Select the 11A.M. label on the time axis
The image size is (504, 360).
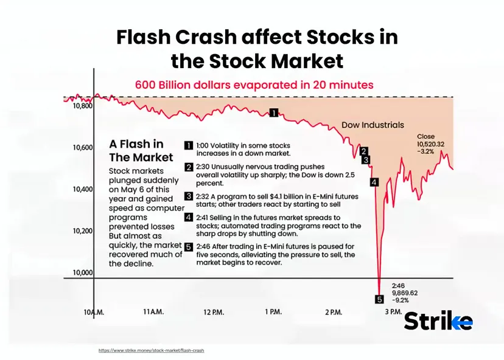pyautogui.click(x=153, y=312)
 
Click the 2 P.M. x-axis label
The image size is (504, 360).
pyautogui.click(x=334, y=312)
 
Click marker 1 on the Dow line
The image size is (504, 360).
pyautogui.click(x=274, y=112)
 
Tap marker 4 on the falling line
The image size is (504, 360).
pyautogui.click(x=374, y=181)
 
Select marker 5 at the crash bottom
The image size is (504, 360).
pyautogui.click(x=379, y=299)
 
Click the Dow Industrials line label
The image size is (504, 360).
pyautogui.click(x=372, y=125)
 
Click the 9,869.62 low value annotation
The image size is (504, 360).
pyautogui.click(x=405, y=292)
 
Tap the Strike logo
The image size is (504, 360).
pyautogui.click(x=438, y=320)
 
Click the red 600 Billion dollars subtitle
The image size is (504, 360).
pyautogui.click(x=254, y=85)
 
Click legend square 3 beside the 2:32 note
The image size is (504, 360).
pyautogui.click(x=189, y=196)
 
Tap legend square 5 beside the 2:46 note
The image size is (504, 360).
pyautogui.click(x=189, y=247)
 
